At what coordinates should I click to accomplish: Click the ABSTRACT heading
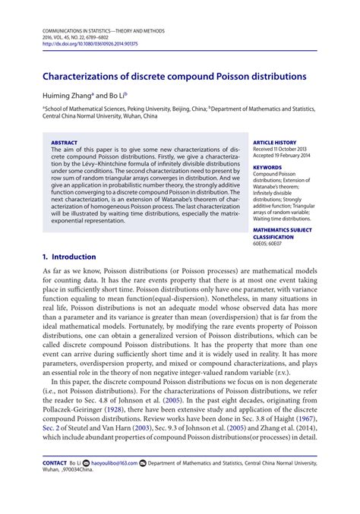click(x=64, y=142)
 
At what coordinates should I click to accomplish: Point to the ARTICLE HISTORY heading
click(x=273, y=142)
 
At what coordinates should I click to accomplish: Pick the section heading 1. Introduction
click(x=69, y=257)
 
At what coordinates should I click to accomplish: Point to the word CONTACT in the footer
click(x=55, y=484)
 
